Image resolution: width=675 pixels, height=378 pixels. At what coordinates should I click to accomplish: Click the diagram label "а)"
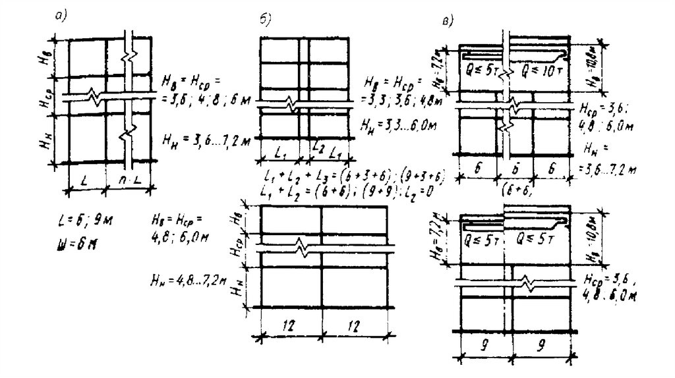(63, 18)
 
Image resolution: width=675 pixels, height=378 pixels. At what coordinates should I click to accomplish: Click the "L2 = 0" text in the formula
(429, 191)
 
